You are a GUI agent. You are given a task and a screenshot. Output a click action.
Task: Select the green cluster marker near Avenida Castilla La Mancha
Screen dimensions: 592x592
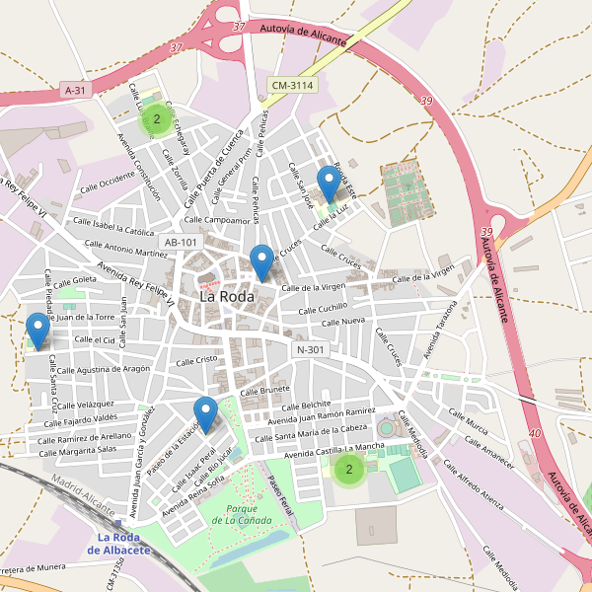(x=348, y=470)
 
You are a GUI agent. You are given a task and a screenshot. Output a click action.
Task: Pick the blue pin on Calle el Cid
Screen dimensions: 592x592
(x=38, y=330)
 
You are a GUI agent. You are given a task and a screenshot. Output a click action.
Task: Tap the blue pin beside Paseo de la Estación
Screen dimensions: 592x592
(x=205, y=413)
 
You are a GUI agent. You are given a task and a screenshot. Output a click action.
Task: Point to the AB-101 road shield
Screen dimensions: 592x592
(x=182, y=242)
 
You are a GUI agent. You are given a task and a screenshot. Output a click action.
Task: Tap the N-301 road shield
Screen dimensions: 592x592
(x=310, y=349)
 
